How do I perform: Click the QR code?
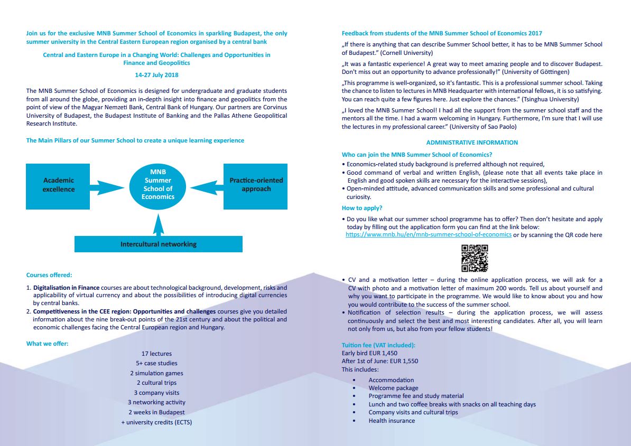click(x=475, y=258)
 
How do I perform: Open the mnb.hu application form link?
click(x=428, y=235)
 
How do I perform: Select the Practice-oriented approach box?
click(x=256, y=185)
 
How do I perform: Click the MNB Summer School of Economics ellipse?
click(x=157, y=185)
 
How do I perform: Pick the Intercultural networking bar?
click(x=158, y=244)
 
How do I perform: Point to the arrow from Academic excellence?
click(x=109, y=187)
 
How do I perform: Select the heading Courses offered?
click(x=49, y=275)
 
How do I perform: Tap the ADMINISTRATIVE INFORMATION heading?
click(x=472, y=143)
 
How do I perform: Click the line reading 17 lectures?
click(x=156, y=354)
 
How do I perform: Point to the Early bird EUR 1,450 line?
click(x=369, y=353)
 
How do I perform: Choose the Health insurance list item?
click(x=392, y=421)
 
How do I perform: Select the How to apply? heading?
click(x=362, y=208)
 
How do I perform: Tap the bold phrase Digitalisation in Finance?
click(x=66, y=288)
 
